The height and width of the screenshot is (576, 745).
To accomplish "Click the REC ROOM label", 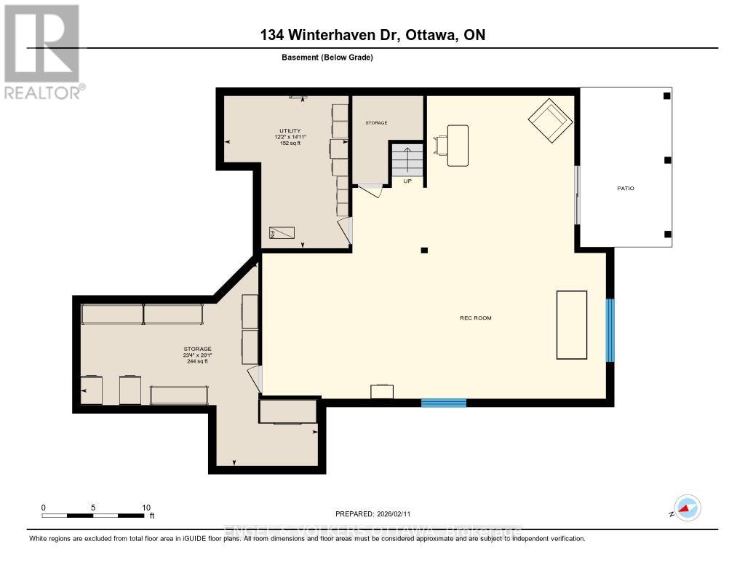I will [x=475, y=318].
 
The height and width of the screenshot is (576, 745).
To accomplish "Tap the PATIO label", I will [x=626, y=189].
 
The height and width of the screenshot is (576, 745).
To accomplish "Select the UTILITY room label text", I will [x=290, y=131].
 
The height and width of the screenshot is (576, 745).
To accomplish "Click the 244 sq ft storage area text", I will [x=197, y=361].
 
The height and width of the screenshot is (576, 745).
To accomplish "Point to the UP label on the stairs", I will [x=407, y=181].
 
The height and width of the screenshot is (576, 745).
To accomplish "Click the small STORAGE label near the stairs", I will [x=376, y=123].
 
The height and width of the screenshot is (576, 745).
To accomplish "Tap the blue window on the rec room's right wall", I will [x=610, y=330].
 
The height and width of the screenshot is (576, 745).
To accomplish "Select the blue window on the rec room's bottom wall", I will [x=444, y=402].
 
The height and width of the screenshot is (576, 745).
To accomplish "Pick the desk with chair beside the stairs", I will [x=453, y=145].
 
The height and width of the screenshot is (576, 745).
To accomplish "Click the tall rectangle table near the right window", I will [x=571, y=325].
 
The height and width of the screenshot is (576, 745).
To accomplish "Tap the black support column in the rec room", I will [x=424, y=250].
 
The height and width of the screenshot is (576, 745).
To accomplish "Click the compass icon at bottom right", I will [x=686, y=508].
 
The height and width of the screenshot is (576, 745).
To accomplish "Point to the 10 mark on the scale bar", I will [x=146, y=508].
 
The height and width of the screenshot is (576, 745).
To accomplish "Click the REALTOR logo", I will [x=41, y=52].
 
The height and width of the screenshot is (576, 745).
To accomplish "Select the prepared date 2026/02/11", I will [x=378, y=513].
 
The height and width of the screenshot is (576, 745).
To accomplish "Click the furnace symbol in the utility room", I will [x=282, y=233].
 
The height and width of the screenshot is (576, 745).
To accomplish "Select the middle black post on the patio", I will [x=667, y=160].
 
